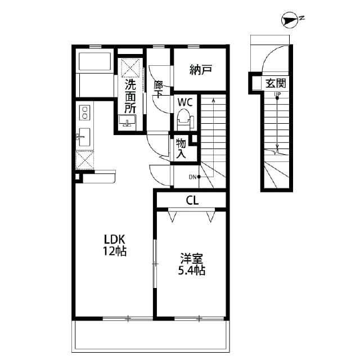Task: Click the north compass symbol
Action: click(290, 21)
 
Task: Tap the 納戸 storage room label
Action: click(200, 70)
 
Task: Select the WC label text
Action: click(186, 102)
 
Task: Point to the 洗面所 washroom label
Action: click(130, 96)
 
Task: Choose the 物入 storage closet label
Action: click(181, 148)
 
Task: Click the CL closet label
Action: click(192, 200)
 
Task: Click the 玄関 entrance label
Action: click(276, 84)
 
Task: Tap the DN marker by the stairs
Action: click(193, 177)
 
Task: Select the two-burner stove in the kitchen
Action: click(84, 111)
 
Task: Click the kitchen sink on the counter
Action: click(84, 136)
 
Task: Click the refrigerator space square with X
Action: click(85, 160)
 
